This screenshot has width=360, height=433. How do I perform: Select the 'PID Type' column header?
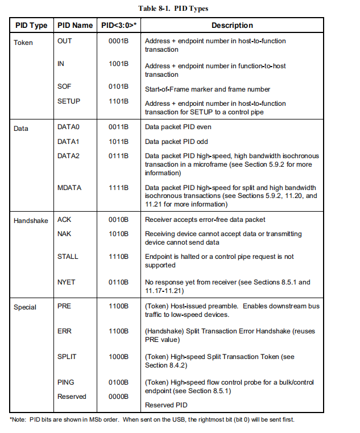pyautogui.click(x=31, y=26)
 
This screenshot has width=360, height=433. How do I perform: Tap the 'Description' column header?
pyautogui.click(x=232, y=26)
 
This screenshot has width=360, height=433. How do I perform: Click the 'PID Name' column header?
pyautogui.click(x=75, y=26)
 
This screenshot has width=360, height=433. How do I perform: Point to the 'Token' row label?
pyautogui.click(x=23, y=43)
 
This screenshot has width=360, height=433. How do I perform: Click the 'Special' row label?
pyautogui.click(x=25, y=307)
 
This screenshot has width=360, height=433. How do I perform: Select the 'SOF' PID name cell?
pyautogui.click(x=64, y=87)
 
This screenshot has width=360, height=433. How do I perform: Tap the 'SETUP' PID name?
pyautogui.click(x=69, y=101)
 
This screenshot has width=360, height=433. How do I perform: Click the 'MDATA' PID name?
pyautogui.click(x=69, y=187)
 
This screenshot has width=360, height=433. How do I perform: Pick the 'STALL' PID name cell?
pyautogui.click(x=68, y=257)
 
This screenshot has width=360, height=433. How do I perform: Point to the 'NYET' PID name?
pyautogui.click(x=66, y=282)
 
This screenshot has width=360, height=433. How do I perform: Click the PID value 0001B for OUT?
pyautogui.click(x=118, y=42)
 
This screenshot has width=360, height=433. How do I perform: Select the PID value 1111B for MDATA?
pyautogui.click(x=118, y=187)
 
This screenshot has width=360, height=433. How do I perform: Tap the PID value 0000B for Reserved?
pyautogui.click(x=118, y=397)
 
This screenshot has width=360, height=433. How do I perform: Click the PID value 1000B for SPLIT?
pyautogui.click(x=118, y=357)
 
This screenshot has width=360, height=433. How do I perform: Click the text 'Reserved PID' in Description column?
pyautogui.click(x=165, y=405)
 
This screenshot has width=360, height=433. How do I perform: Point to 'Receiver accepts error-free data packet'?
pyautogui.click(x=205, y=220)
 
